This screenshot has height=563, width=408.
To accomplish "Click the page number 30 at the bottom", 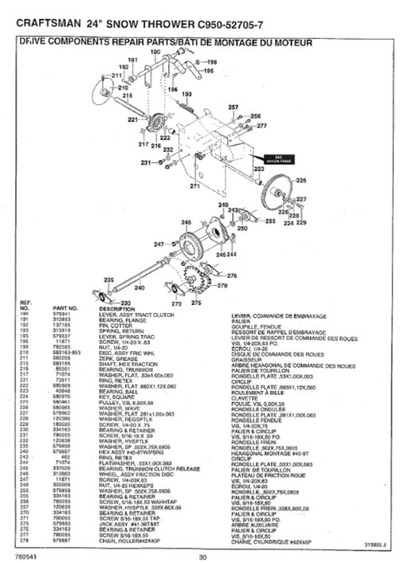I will click(x=203, y=557).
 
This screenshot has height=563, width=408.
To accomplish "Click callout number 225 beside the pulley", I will click(x=301, y=181).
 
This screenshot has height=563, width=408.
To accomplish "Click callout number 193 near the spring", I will click(x=188, y=95).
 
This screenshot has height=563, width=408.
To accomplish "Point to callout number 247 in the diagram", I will click(x=159, y=244).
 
